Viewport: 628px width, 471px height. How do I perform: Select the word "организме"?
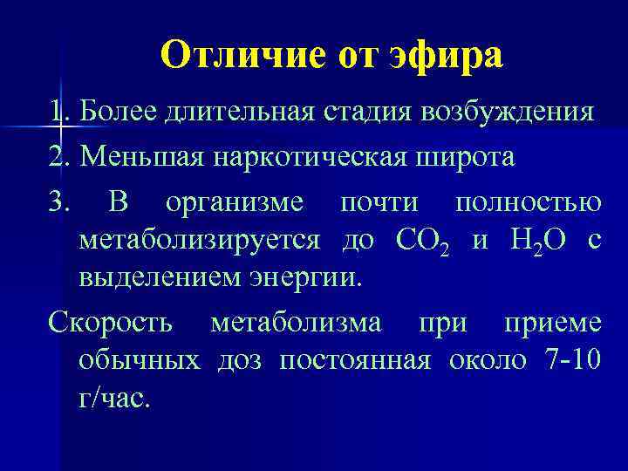tap(235, 203)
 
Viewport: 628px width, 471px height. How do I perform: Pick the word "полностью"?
tap(528, 203)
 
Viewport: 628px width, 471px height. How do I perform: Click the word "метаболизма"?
tap(296, 322)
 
